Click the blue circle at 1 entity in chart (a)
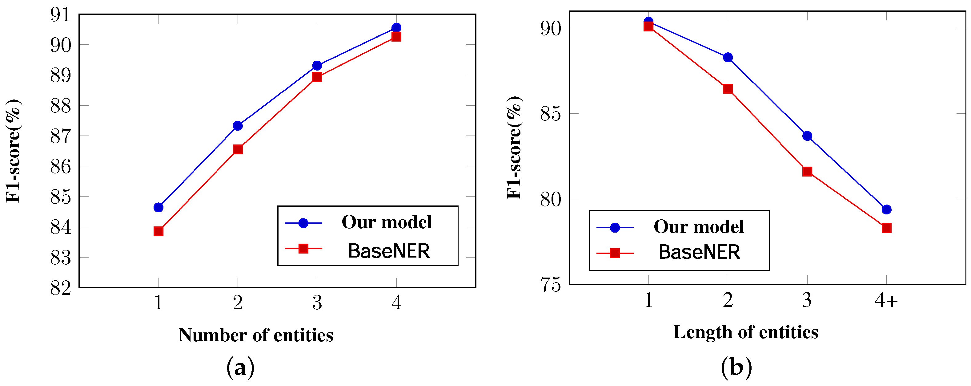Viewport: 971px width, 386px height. (x=158, y=207)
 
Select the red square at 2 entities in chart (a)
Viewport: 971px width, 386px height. (x=238, y=149)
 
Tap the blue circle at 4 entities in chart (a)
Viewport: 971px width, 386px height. (x=396, y=27)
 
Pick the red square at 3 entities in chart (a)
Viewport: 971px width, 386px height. (x=317, y=77)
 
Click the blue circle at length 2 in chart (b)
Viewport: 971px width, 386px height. (x=728, y=57)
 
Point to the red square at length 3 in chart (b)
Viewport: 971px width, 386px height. (x=807, y=172)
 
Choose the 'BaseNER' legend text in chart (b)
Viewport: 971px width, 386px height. (x=699, y=252)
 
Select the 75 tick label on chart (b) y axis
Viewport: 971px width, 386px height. (x=550, y=285)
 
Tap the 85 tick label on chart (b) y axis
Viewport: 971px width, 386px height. (x=550, y=114)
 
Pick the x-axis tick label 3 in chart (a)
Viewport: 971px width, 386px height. (x=317, y=303)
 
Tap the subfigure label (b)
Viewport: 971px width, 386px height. (x=736, y=367)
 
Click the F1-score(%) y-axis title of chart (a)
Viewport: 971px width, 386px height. (x=14, y=151)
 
